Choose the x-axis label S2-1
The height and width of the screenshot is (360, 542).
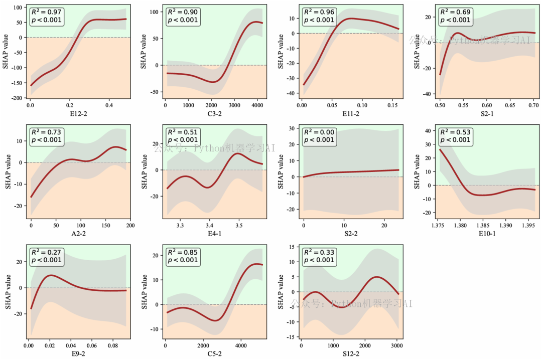(x=486, y=113)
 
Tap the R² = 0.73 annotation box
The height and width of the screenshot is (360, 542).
(x=47, y=136)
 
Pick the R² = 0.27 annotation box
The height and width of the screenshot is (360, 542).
(x=47, y=256)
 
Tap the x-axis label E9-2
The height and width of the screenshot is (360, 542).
(x=78, y=353)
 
